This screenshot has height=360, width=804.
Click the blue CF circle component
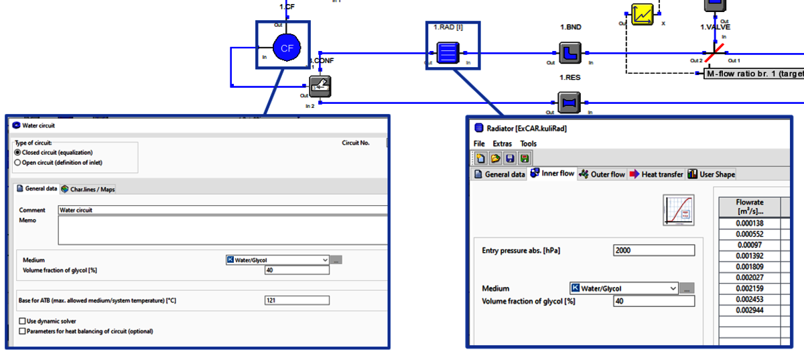286,48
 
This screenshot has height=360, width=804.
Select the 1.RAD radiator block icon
447,52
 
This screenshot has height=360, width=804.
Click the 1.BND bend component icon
569,52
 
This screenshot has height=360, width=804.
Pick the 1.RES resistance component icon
569,103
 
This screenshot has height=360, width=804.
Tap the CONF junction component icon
320,86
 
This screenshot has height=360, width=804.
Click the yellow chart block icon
643,14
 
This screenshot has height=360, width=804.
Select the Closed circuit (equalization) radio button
17,152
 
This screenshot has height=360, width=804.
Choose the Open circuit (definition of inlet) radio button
17,162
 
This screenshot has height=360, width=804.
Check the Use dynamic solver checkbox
23,321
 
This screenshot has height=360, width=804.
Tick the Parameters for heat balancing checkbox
23,331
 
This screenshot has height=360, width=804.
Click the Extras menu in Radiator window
502,143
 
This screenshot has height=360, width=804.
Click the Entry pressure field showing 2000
654,250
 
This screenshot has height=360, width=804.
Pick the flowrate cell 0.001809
749,266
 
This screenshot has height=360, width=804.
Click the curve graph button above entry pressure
678,211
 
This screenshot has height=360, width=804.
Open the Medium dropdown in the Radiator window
672,288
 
